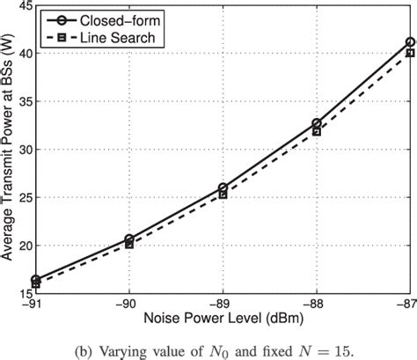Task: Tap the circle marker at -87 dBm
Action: tap(410, 41)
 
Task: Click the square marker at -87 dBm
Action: tap(410, 53)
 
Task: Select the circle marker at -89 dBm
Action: tap(223, 187)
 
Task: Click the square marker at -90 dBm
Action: tap(129, 244)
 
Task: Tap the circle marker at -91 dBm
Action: tap(36, 279)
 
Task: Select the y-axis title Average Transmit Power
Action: tap(8, 150)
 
